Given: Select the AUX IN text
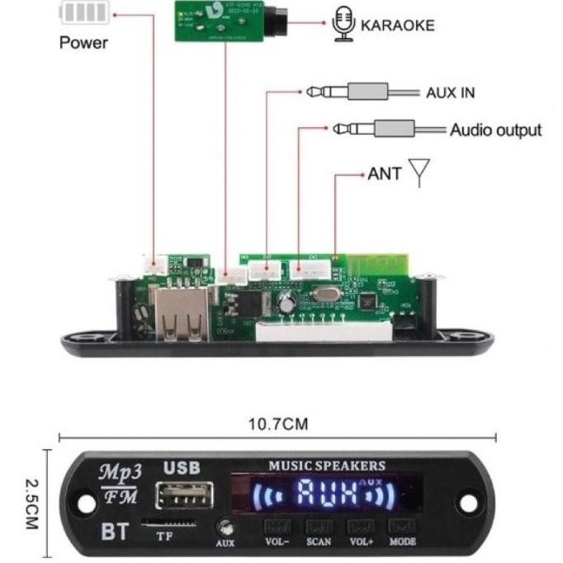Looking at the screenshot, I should [450, 92].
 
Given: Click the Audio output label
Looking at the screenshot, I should [495, 130].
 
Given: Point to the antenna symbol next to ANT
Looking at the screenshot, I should [419, 174].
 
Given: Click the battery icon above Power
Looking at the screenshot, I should [85, 13].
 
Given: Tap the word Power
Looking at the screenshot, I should [83, 42].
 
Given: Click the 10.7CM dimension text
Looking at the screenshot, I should [277, 424].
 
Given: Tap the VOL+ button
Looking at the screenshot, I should [361, 527].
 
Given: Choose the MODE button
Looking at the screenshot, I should [403, 527].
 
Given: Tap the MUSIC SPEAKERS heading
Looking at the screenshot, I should [326, 466].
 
